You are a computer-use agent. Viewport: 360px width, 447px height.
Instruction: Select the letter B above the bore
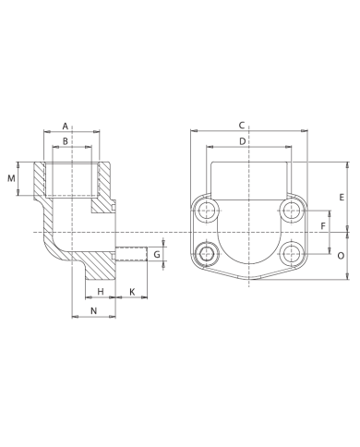[65, 141]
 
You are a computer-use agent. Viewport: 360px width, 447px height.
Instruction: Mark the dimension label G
[157, 254]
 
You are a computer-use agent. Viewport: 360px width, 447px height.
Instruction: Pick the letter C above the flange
[242, 125]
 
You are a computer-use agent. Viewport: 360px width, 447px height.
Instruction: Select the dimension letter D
[242, 141]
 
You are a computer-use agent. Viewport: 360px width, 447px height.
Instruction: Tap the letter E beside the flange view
[342, 197]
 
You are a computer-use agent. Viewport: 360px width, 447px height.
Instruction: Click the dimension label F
[323, 225]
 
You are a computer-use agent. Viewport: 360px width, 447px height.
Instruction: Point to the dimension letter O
[342, 255]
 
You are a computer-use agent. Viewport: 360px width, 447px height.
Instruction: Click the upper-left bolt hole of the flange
[207, 213]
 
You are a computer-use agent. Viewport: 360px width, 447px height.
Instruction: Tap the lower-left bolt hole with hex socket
[207, 250]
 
